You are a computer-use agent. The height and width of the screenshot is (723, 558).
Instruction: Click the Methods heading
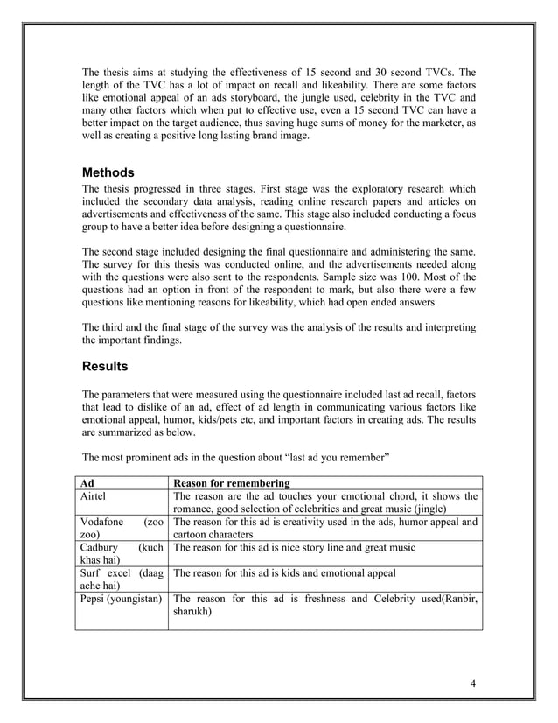[108, 172]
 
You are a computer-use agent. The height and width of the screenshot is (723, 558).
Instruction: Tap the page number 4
[472, 684]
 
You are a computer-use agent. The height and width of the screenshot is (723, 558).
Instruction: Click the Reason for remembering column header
[233, 482]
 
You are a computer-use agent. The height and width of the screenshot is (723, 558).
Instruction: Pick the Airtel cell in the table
[94, 496]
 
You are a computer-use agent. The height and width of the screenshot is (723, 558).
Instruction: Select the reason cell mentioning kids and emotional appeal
[284, 574]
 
